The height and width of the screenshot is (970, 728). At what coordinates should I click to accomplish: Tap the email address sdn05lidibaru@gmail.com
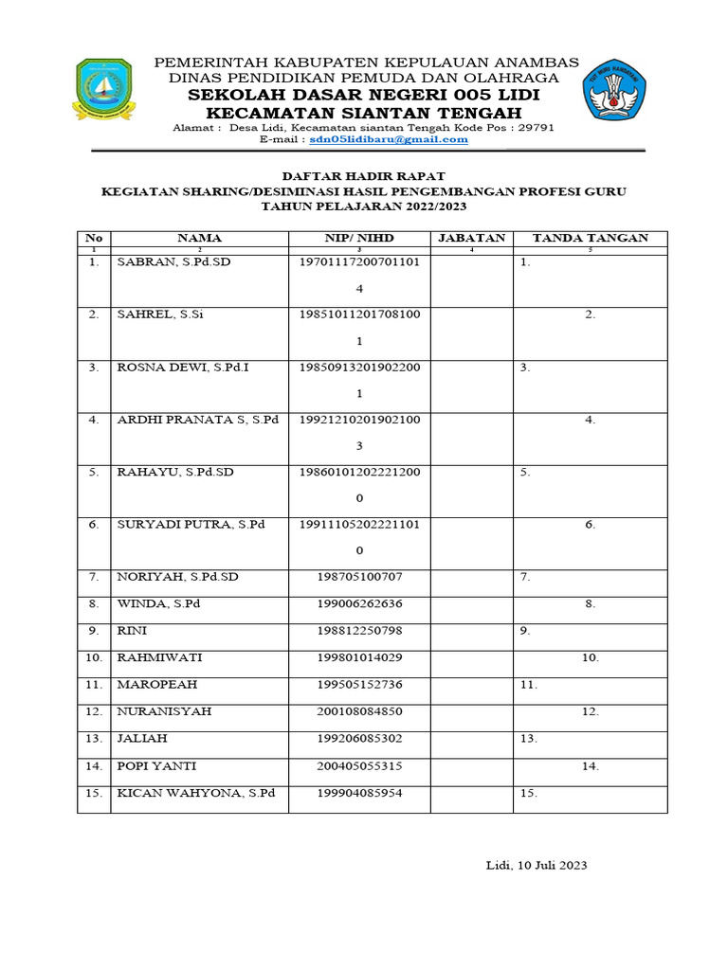[389, 139]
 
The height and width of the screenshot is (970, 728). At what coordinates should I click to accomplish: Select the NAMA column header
[199, 238]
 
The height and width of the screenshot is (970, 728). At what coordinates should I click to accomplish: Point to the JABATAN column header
[471, 238]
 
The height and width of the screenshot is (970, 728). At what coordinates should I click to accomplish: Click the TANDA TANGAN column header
[590, 238]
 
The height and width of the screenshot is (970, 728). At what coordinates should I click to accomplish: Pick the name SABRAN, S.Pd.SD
[173, 263]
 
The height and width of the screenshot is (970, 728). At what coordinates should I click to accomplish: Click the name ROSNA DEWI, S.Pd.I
[182, 368]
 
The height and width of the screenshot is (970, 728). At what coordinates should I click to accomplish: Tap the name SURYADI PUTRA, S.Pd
[190, 524]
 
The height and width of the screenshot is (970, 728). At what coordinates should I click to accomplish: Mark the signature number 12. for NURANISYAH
[590, 710]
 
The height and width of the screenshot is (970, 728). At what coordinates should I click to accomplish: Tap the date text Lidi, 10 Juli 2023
[537, 865]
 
